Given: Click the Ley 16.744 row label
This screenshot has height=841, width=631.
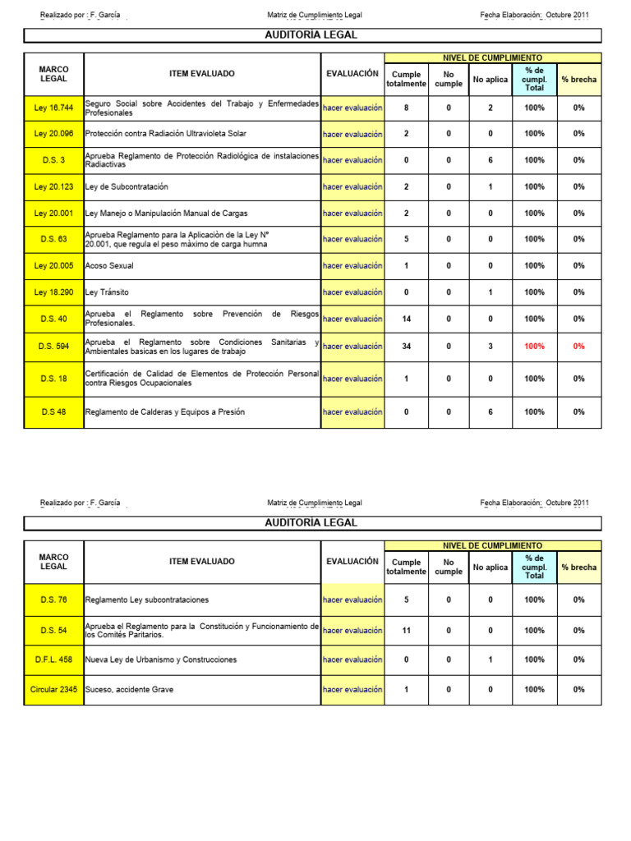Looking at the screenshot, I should click(x=53, y=108).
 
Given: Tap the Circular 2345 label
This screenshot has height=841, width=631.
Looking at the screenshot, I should click(x=53, y=690).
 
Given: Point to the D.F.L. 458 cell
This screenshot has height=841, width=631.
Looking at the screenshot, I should click(x=53, y=659).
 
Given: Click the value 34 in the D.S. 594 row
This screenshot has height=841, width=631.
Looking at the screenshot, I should click(x=406, y=347).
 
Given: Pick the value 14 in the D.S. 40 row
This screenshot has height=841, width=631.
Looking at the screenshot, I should click(x=406, y=319).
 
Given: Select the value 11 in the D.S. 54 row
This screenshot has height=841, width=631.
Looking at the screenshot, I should click(x=406, y=631).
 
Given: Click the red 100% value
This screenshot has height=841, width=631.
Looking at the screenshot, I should click(x=534, y=347).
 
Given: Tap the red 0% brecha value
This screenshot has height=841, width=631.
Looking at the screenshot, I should click(x=579, y=347).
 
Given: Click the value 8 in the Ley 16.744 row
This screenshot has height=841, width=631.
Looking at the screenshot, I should click(x=406, y=108).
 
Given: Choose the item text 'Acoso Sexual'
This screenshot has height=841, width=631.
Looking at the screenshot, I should click(x=109, y=266).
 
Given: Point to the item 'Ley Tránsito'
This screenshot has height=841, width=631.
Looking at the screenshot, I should click(x=107, y=292).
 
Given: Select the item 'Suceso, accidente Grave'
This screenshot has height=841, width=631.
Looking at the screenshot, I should click(x=129, y=690).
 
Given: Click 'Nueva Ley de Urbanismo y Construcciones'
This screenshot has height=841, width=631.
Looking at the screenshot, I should click(x=161, y=659).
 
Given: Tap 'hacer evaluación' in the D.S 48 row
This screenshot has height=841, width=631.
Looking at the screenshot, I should click(x=352, y=412).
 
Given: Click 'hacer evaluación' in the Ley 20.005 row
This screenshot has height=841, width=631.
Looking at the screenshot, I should click(x=352, y=266).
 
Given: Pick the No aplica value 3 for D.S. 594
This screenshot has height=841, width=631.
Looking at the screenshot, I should click(x=491, y=347).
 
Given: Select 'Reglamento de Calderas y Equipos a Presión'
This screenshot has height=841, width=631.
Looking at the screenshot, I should click(x=165, y=412).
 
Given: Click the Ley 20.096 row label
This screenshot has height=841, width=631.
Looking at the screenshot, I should click(x=53, y=134).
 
